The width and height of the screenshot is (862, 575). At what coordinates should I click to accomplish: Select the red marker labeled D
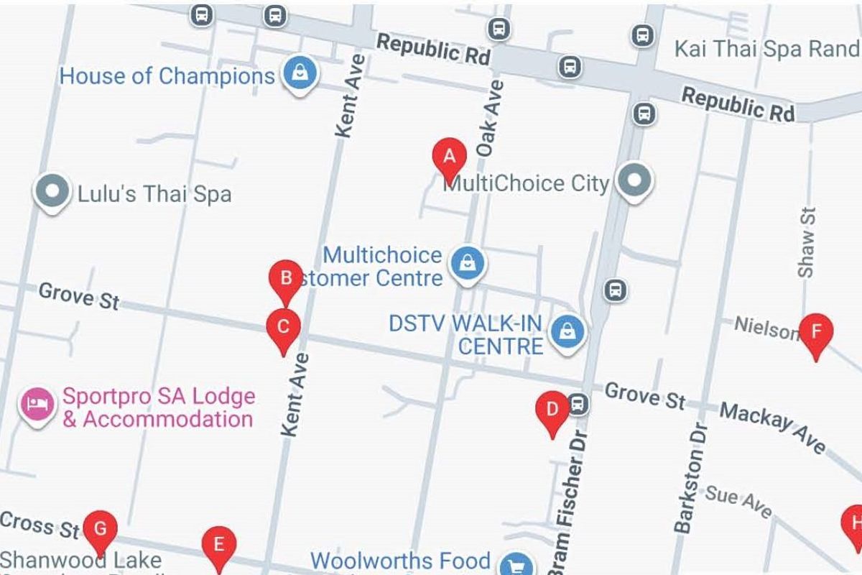tap(552, 410)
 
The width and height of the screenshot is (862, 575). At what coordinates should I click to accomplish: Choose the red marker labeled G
tap(101, 530)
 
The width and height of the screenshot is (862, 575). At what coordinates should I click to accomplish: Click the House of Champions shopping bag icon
tap(299, 74)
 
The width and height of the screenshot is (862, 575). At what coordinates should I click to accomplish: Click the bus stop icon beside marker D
tap(578, 405)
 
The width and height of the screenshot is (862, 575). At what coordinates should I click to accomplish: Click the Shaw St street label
tap(807, 242)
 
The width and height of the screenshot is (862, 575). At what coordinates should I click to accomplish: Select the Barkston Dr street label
tap(690, 478)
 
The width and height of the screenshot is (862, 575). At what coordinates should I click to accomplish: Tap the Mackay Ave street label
tap(773, 427)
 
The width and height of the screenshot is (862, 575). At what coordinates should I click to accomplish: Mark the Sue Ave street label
tap(738, 502)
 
